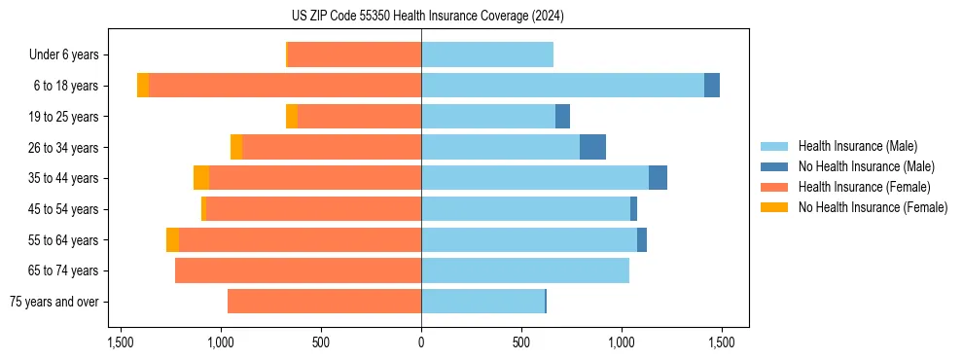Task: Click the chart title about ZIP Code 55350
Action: [421, 17]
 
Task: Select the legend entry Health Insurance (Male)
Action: [857, 146]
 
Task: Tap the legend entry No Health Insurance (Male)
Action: [866, 166]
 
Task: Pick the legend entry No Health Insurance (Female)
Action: [873, 207]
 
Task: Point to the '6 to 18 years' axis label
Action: [66, 86]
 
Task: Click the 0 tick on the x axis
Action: [421, 343]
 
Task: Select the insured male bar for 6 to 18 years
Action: [562, 86]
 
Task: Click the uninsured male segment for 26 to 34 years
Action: [592, 147]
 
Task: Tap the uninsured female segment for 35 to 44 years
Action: [201, 178]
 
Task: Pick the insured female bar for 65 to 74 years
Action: [298, 270]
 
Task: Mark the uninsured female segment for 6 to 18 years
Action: [143, 86]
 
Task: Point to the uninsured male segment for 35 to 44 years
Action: [658, 178]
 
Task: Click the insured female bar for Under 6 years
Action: [354, 54]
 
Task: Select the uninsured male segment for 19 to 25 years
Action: [562, 117]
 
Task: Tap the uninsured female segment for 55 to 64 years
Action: [172, 239]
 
